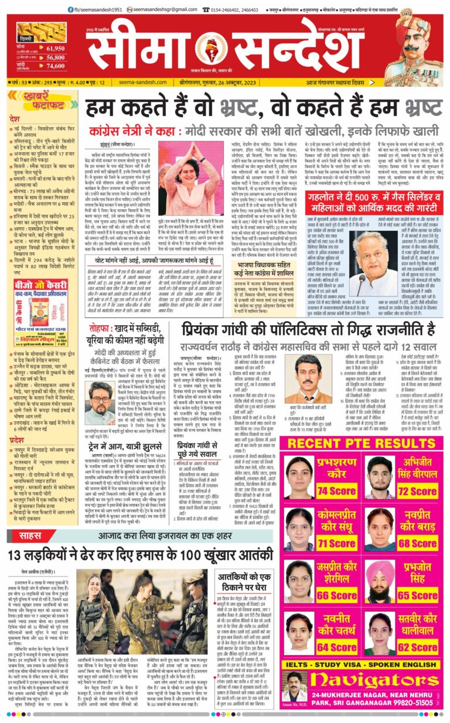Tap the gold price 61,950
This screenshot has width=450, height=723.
pyautogui.click(x=54, y=48)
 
